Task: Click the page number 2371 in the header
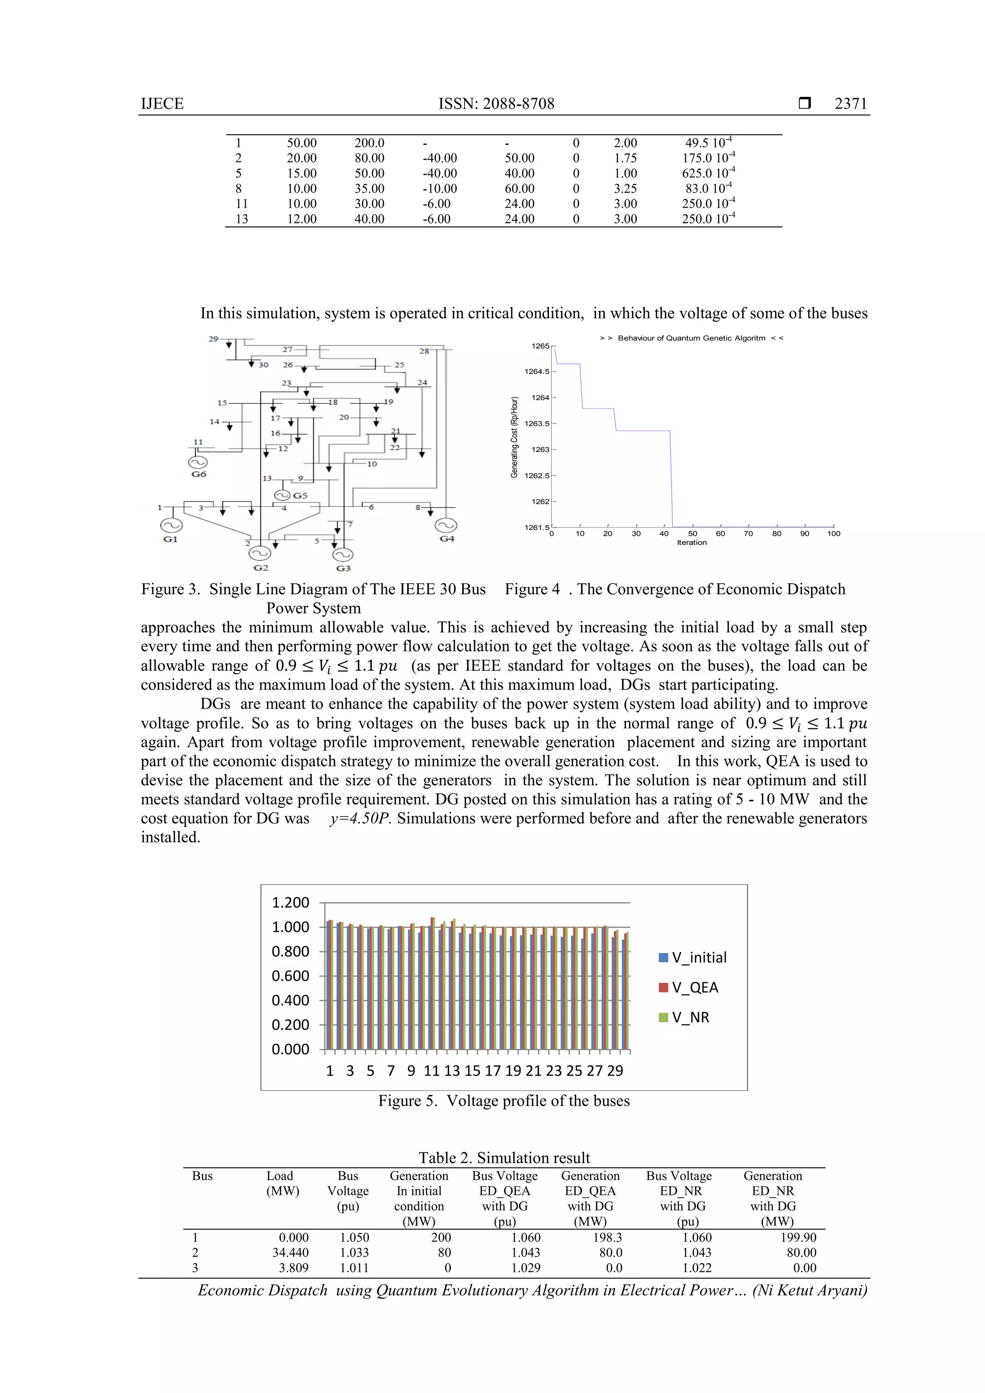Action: coord(850,104)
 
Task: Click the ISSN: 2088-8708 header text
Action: coord(496,104)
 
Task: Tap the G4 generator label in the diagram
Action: coord(447,539)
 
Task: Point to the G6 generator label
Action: coord(199,474)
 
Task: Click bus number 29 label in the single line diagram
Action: coord(214,339)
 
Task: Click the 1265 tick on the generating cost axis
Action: coord(540,346)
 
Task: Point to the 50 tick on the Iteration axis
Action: coord(693,534)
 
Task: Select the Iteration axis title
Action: coord(692,543)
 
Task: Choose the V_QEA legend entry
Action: coord(689,988)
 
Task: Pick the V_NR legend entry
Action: coord(684,1017)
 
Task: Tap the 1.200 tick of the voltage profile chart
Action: coord(290,903)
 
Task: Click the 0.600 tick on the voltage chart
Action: coord(290,976)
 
